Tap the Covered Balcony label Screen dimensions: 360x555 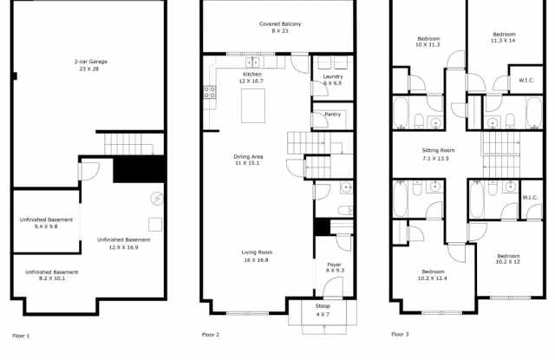[279, 27]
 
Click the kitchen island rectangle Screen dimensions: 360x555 [252, 105]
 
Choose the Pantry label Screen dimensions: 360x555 [332, 114]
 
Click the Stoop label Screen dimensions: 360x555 [322, 311]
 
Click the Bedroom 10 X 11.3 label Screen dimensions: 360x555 [428, 42]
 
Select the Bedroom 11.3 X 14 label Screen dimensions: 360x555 [503, 37]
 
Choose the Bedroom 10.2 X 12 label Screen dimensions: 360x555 [508, 259]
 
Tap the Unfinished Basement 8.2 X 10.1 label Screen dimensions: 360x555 [46, 276]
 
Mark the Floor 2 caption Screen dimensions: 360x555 [211, 335]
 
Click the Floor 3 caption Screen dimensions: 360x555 [400, 334]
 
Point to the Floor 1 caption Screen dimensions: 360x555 [21, 335]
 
